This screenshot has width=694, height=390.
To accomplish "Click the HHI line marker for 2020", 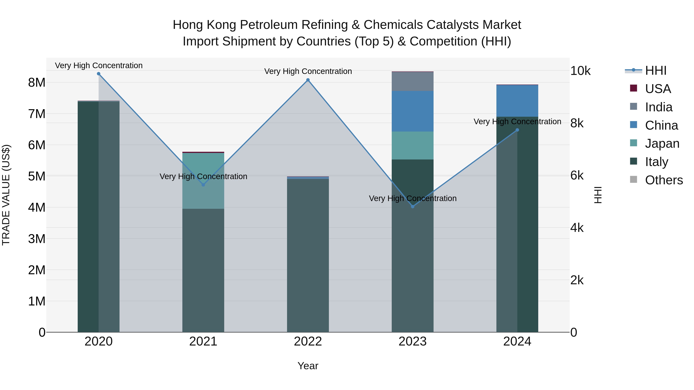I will (99, 74).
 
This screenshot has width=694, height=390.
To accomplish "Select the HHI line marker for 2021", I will (203, 185).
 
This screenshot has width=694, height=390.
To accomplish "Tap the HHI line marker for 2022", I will (308, 80).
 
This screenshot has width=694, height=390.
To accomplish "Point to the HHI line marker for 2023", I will (413, 206).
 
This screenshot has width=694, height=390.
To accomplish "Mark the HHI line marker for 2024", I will (517, 130).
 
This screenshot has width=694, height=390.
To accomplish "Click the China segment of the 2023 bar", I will (413, 111).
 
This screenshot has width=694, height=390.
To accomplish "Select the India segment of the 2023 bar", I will (413, 81).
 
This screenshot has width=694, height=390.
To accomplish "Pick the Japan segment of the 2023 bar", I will (413, 145).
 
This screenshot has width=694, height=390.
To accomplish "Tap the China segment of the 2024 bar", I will (517, 101).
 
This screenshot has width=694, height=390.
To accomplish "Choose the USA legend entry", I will (658, 89).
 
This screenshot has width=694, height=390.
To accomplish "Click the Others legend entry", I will (664, 180).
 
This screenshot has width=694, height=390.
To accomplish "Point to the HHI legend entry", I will (655, 70).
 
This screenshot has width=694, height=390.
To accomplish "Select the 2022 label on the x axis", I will (308, 341).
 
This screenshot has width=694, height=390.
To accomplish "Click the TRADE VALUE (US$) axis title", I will (6, 195).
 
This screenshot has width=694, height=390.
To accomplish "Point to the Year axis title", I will (308, 366).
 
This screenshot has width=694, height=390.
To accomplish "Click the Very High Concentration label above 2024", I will (517, 122).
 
